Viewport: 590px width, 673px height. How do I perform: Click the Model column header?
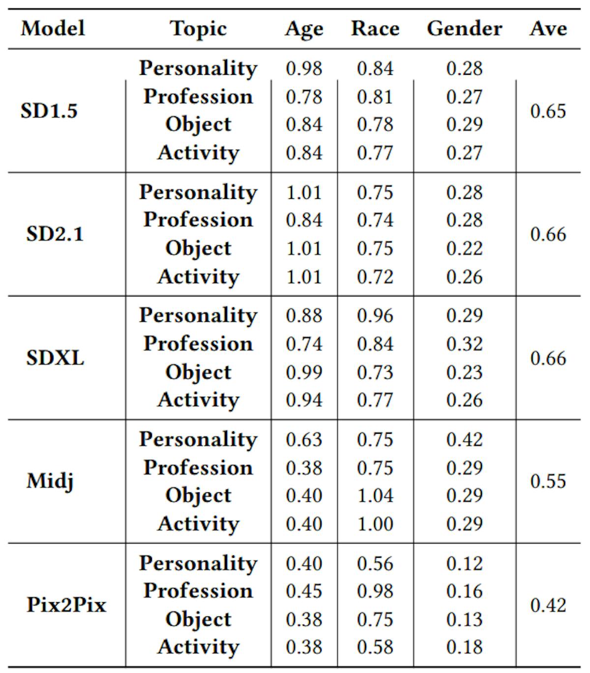53,28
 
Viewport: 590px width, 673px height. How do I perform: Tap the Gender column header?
464,28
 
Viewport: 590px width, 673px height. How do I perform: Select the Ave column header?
548,28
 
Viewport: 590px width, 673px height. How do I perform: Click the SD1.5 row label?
49,111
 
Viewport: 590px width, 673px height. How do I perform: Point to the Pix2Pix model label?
66,605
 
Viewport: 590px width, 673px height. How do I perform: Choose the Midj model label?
50,481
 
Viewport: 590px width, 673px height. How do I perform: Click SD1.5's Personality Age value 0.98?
304,68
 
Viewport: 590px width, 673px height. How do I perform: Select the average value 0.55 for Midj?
548,481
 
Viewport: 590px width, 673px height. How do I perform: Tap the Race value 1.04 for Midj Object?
375,495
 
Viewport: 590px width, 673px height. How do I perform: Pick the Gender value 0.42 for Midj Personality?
464,439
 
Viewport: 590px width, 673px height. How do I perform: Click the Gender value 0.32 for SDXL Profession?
464,344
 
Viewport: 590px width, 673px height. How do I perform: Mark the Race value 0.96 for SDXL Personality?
375,316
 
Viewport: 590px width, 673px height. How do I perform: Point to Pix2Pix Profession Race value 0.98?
375,591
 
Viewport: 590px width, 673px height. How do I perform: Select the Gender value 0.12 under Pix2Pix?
464,563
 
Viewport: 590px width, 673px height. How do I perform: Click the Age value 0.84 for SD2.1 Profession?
304,220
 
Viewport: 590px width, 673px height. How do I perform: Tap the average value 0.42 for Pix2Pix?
548,605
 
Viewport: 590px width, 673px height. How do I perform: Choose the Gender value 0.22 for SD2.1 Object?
464,248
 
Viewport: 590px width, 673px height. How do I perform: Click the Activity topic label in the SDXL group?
198,400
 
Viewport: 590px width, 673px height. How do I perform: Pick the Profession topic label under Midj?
198,467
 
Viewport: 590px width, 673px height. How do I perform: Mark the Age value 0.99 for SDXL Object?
304,372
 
